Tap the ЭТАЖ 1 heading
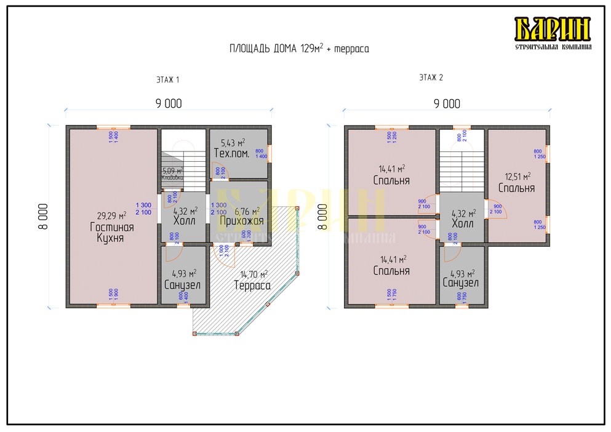pyautogui.click(x=167, y=79)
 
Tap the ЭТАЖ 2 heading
pyautogui.click(x=431, y=78)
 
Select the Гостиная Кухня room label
pyautogui.click(x=111, y=233)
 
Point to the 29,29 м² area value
pyautogui.click(x=111, y=215)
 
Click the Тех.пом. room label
pyautogui.click(x=231, y=153)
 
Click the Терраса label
pyautogui.click(x=252, y=286)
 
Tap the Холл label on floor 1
pyautogui.click(x=184, y=221)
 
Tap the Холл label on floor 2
pyautogui.click(x=462, y=224)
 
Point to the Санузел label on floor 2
pyautogui.click(x=461, y=283)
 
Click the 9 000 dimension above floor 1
pyautogui.click(x=169, y=104)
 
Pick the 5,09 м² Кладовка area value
pyautogui.click(x=172, y=171)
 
